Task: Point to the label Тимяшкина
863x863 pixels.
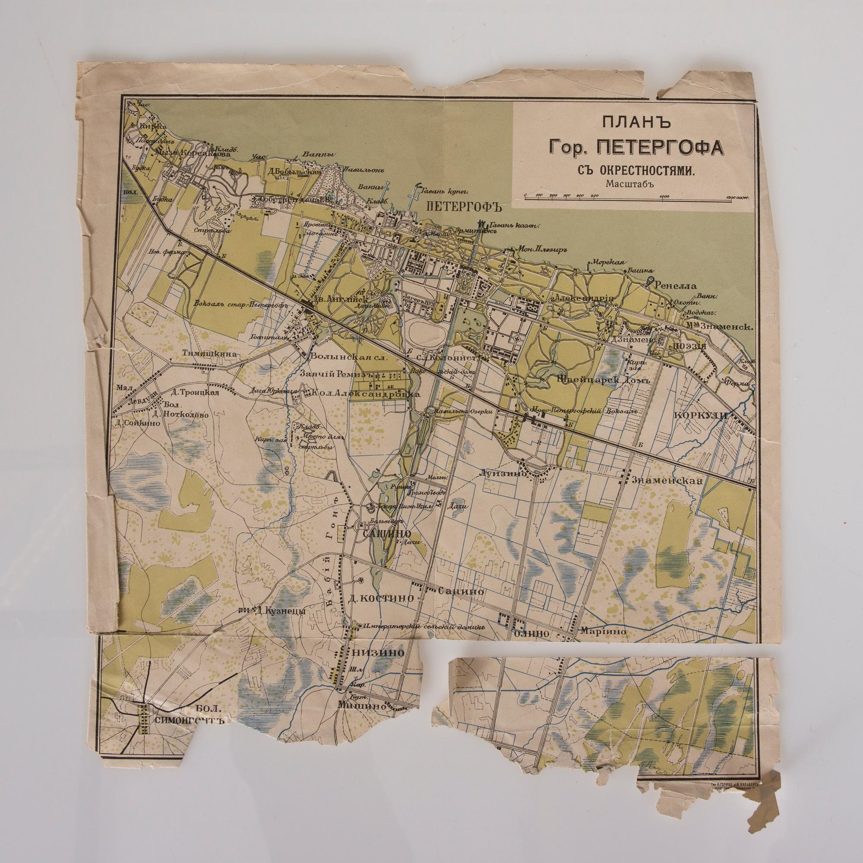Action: pos(208,354)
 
